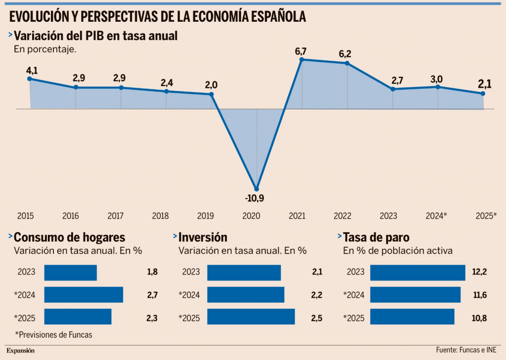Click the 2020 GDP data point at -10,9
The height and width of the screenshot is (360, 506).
click(x=256, y=189)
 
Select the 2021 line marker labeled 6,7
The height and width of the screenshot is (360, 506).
click(x=302, y=60)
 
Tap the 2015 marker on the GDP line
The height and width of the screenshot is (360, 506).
click(x=30, y=79)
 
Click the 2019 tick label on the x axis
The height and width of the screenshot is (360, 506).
click(x=205, y=216)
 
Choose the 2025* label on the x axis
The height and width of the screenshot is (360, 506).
click(x=486, y=216)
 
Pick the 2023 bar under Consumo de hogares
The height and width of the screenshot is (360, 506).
click(x=71, y=273)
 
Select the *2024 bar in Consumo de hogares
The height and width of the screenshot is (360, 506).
click(x=84, y=295)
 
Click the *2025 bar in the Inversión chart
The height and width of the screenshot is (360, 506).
click(x=251, y=317)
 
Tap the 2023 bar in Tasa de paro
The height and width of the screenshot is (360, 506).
click(x=418, y=273)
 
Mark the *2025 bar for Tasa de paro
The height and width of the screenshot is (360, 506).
click(x=412, y=317)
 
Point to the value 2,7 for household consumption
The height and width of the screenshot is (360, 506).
click(x=152, y=295)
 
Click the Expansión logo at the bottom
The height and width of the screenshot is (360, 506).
click(x=21, y=351)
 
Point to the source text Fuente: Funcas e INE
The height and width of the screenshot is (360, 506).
click(x=465, y=350)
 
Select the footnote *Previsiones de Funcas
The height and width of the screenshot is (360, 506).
click(x=54, y=335)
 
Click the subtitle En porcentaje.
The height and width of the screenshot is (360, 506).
click(x=45, y=49)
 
